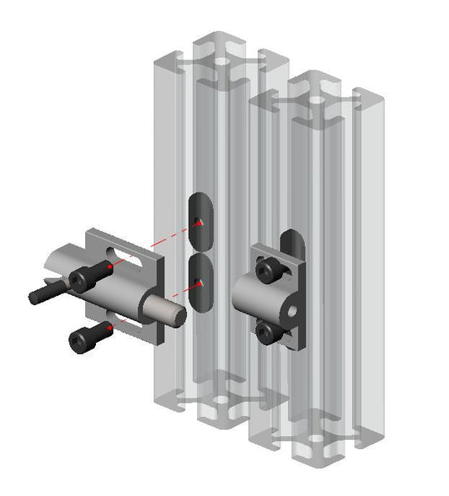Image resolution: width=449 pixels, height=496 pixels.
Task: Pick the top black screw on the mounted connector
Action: click(269, 268)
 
